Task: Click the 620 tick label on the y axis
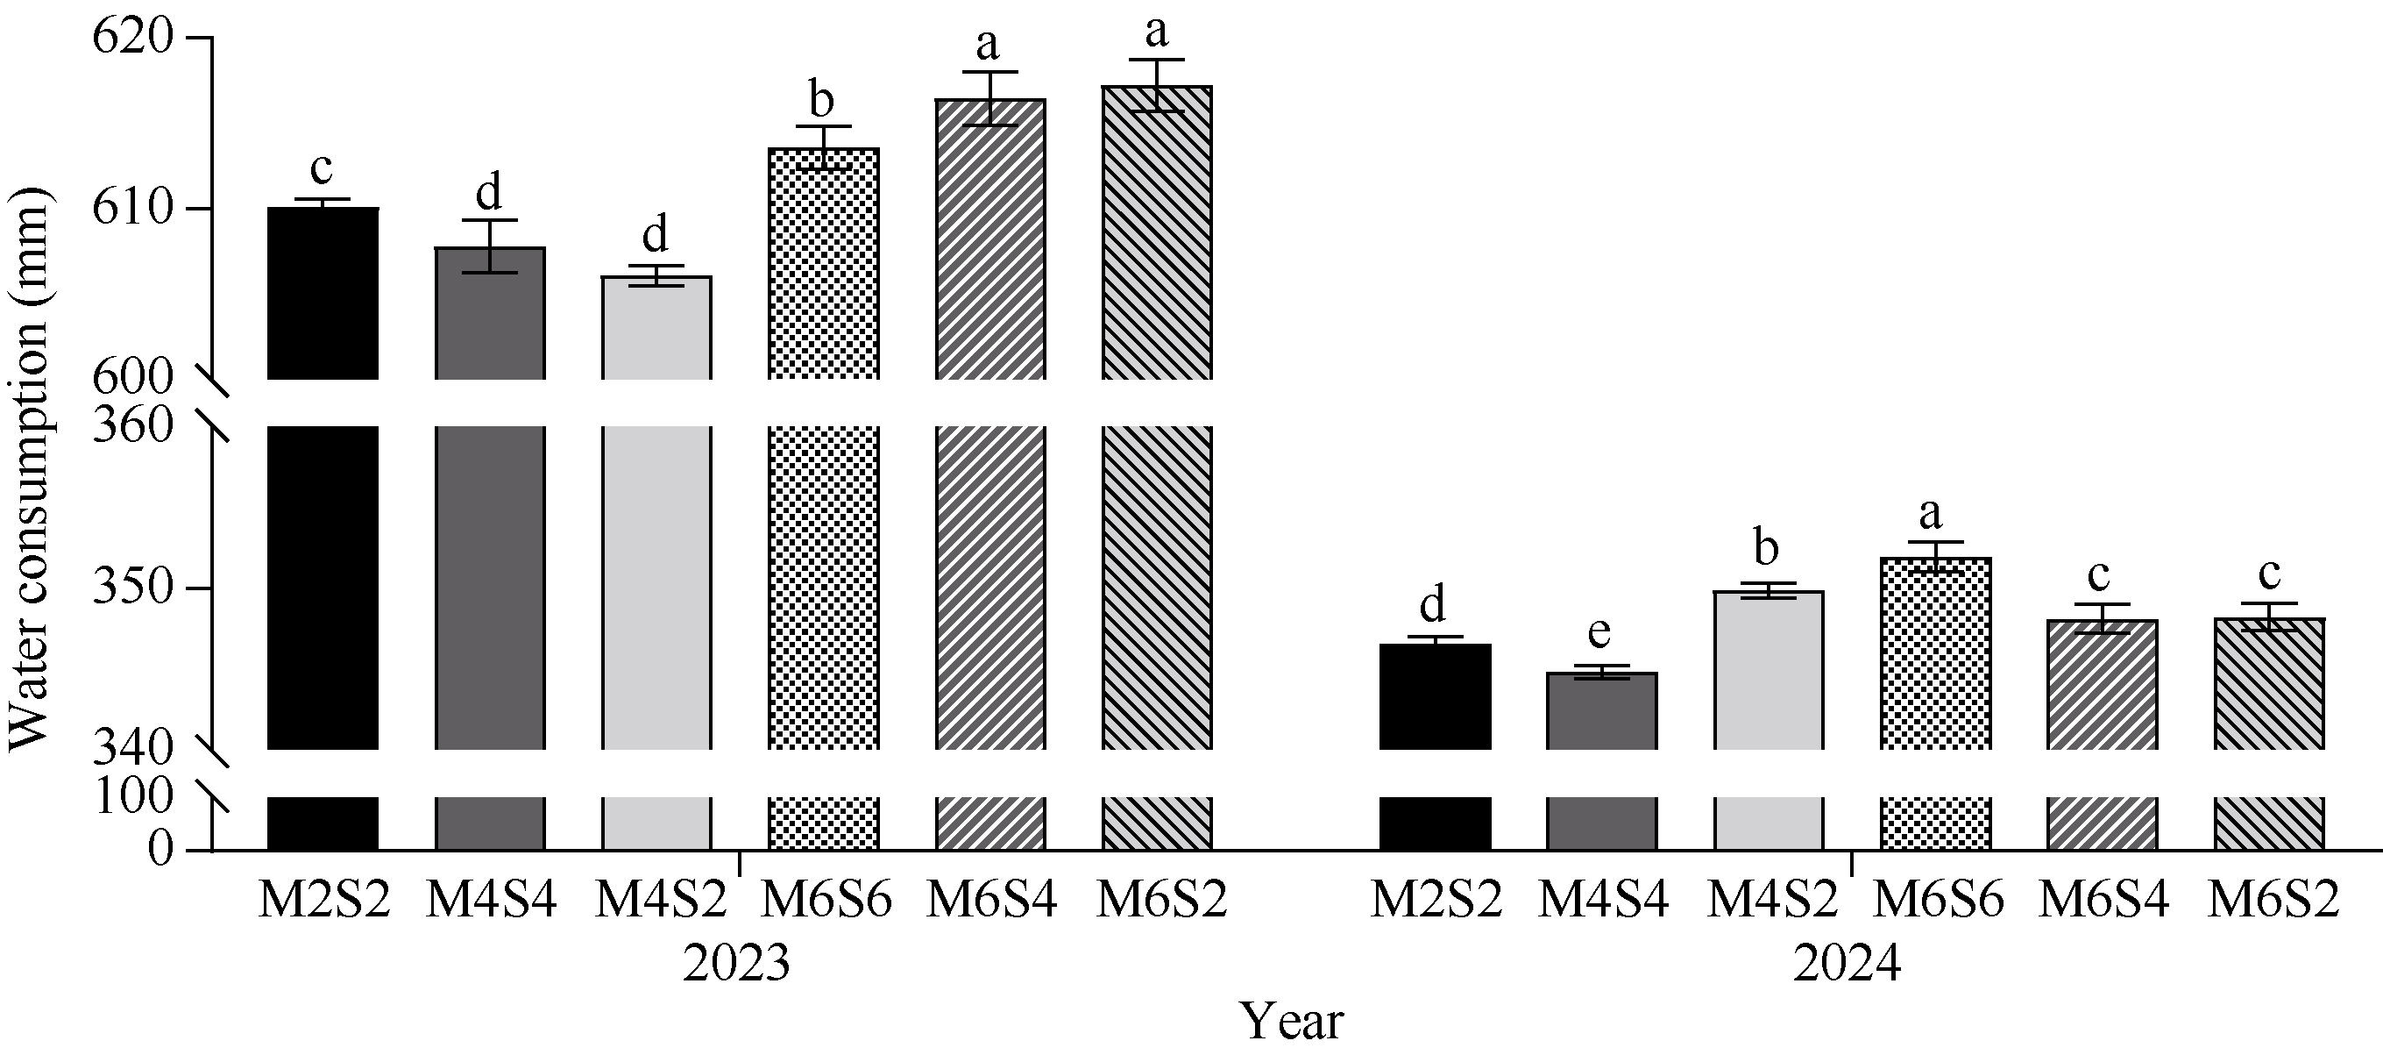pyautogui.click(x=133, y=39)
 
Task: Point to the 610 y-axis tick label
pyautogui.click(x=133, y=208)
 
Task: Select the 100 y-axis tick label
pyautogui.click(x=133, y=797)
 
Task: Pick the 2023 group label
pyautogui.click(x=736, y=964)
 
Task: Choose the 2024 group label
pyautogui.click(x=1848, y=964)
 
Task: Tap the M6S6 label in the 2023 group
pyautogui.click(x=826, y=899)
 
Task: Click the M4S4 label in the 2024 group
pyautogui.click(x=1603, y=899)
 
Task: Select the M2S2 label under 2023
pyautogui.click(x=323, y=899)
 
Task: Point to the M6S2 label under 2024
pyautogui.click(x=2273, y=899)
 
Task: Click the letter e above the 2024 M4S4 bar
pyautogui.click(x=1599, y=634)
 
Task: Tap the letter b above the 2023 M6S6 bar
pyautogui.click(x=821, y=100)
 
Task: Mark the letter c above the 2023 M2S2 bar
pyautogui.click(x=321, y=168)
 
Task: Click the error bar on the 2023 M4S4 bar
pyautogui.click(x=489, y=246)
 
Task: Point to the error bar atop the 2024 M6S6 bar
pyautogui.click(x=1934, y=556)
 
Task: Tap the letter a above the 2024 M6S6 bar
pyautogui.click(x=1931, y=513)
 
